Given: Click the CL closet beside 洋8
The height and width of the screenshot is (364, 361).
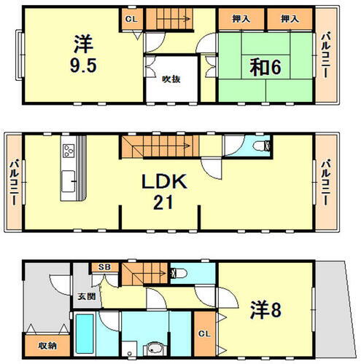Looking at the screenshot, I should [x=205, y=333].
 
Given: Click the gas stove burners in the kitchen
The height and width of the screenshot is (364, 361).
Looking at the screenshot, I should [x=70, y=151].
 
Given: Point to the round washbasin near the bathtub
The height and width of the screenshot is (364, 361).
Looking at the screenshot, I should [x=151, y=347].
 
